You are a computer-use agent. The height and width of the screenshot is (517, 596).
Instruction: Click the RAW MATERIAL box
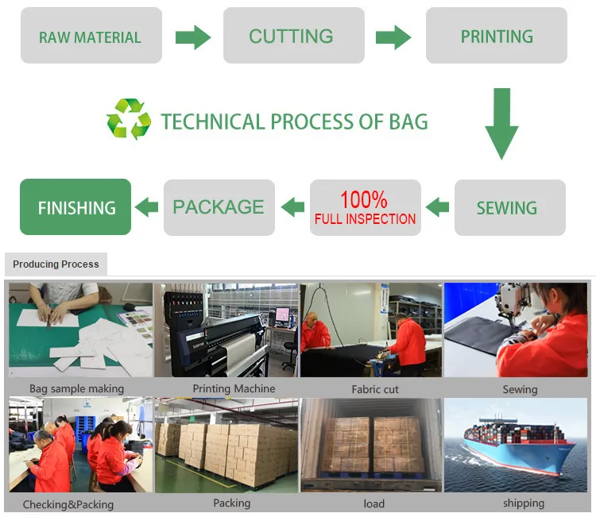coord(91,35)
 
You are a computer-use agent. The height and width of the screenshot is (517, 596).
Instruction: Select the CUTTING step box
coord(294,35)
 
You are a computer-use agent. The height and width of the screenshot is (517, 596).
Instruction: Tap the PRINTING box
coord(497,35)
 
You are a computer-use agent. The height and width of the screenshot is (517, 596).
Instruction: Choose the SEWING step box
coord(510,207)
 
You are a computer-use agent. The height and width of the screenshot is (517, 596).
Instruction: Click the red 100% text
coord(364,199)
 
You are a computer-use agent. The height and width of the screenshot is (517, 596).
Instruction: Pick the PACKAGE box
coord(219,207)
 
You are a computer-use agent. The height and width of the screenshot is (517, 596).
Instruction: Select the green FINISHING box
coord(75,207)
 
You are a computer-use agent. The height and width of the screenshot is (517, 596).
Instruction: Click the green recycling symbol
coord(129,119)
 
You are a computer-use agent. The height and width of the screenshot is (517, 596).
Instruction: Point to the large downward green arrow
coord(501,124)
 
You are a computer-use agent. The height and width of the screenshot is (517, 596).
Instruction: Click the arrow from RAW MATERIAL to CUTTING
coord(193,37)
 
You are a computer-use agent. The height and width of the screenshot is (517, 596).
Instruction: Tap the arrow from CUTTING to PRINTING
coord(393,37)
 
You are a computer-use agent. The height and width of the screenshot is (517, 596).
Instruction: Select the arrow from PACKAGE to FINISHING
coord(146,207)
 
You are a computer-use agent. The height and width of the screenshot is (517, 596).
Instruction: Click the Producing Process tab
coord(56,264)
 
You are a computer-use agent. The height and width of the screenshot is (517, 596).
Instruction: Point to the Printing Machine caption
coord(234,388)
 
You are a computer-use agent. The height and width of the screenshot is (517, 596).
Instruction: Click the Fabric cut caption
coord(375,389)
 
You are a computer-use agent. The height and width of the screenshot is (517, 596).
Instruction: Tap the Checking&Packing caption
coord(68,504)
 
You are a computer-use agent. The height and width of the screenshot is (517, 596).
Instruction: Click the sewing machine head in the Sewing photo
coord(513,300)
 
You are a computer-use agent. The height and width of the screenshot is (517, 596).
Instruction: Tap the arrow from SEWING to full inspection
coord(438,207)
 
